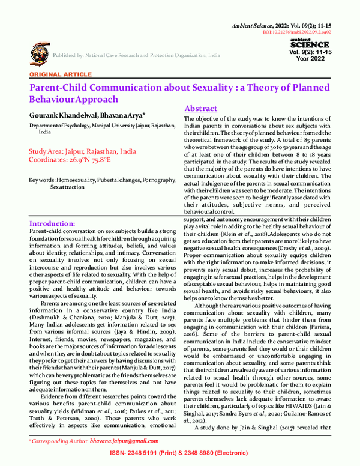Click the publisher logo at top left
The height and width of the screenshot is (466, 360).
point(37,54)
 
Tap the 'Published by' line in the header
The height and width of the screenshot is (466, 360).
point(136,55)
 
